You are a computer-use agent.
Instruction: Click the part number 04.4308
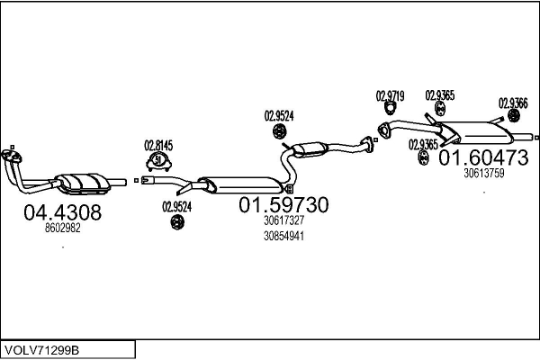point(61,213)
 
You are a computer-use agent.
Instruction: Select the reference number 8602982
point(62,229)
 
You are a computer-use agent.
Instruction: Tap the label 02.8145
point(158,144)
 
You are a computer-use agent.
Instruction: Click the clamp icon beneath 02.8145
point(159,162)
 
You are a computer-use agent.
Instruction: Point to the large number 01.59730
point(283,205)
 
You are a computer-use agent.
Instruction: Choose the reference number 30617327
point(283,220)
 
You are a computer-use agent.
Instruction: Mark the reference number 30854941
point(283,236)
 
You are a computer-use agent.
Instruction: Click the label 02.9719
point(390,95)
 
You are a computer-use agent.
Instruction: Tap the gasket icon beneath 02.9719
point(391,111)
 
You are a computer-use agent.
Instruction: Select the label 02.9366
point(513,103)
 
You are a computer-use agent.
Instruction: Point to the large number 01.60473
point(482,158)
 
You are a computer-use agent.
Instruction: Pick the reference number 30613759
point(483,174)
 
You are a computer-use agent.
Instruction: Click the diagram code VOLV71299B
point(43,348)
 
